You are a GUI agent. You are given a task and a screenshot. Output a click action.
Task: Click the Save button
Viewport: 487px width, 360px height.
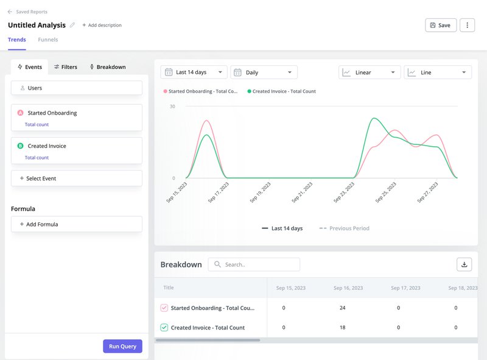440,25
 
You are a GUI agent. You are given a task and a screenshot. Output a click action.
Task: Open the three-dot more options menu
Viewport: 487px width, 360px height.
467,25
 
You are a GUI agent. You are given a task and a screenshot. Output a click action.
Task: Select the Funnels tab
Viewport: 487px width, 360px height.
48,40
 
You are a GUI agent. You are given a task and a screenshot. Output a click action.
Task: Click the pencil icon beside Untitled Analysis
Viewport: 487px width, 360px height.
72,25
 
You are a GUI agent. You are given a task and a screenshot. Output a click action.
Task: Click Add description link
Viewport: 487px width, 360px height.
102,26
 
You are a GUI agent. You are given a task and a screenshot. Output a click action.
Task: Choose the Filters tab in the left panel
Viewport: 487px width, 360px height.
65,67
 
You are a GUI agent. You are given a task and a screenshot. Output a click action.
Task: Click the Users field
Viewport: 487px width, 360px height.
77,88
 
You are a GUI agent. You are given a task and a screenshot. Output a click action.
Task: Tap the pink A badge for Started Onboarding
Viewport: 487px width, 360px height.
20,113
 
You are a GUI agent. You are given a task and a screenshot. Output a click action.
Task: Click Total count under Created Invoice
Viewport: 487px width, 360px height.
37,158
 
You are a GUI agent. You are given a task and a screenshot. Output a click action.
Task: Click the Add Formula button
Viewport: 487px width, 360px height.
77,224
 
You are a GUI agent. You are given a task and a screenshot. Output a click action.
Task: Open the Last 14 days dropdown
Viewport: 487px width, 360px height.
194,72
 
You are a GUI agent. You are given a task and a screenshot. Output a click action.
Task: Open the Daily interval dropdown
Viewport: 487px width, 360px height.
264,72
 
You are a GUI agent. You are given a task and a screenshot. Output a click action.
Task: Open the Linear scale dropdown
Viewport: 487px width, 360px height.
370,72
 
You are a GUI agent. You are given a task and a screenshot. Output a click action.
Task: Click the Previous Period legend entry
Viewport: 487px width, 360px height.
345,228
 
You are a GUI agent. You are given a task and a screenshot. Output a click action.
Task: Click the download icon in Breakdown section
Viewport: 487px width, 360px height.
464,264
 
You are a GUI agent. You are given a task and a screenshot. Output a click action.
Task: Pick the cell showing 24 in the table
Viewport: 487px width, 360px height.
342,308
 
